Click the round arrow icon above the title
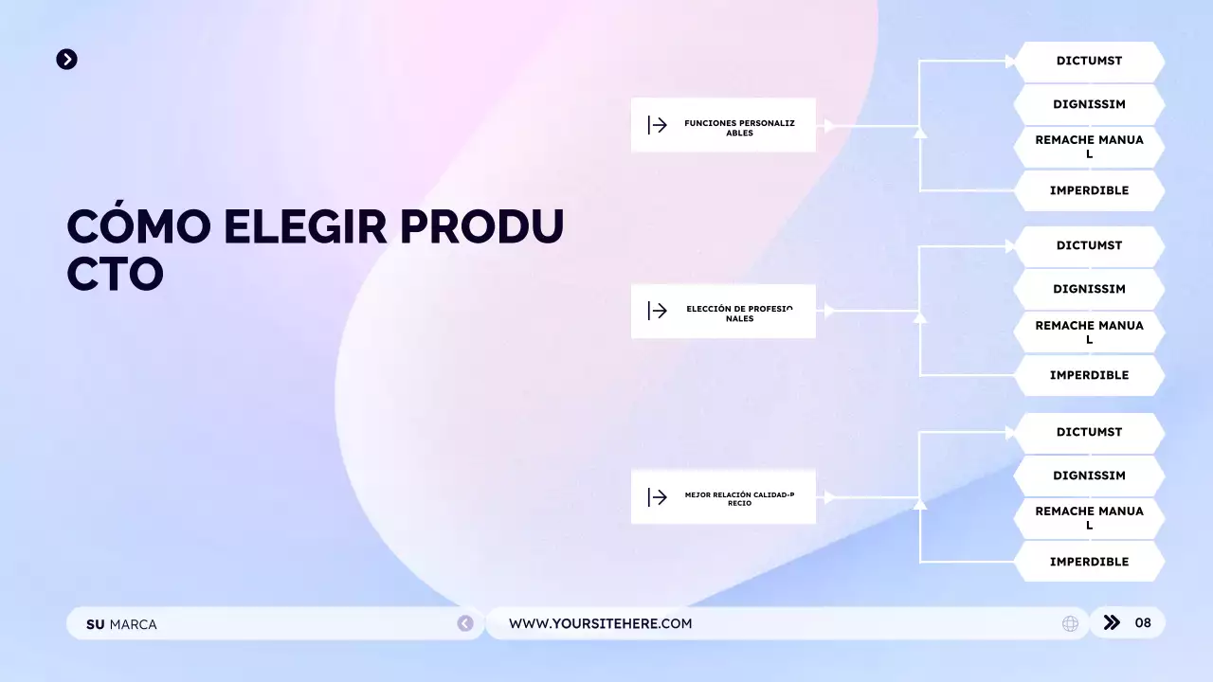(66, 60)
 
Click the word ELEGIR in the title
(305, 227)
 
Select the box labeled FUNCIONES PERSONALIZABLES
(723, 125)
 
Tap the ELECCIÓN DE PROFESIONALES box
(723, 311)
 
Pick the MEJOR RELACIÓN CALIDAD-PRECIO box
(723, 497)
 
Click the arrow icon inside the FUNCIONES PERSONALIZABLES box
(658, 125)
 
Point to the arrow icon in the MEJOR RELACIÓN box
(658, 497)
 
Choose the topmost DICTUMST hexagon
(1089, 62)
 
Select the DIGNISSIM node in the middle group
(1089, 290)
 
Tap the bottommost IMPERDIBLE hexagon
(1089, 562)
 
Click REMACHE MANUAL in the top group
(1089, 147)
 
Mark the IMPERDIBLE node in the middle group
(1089, 375)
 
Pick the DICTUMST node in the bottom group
(1089, 433)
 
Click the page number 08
(1143, 622)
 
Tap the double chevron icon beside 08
(1113, 622)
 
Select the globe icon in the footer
(1070, 623)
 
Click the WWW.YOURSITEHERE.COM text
(600, 623)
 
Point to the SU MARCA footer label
(121, 624)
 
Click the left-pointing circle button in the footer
(465, 623)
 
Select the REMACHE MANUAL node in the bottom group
(1089, 518)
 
